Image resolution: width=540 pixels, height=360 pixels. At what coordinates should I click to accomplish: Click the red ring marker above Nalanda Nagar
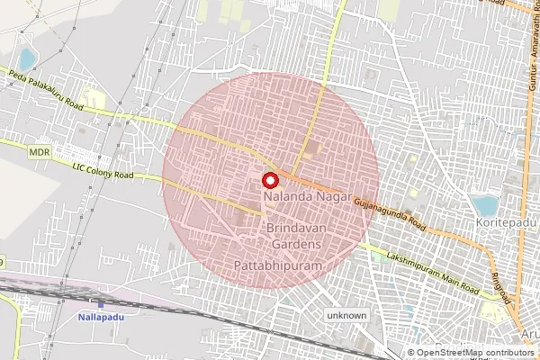tap(269, 179)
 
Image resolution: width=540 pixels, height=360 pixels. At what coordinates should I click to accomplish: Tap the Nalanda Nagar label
tap(298, 194)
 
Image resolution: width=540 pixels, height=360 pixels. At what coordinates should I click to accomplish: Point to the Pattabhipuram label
tap(271, 267)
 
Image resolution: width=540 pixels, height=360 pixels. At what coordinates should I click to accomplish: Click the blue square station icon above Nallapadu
tap(101, 305)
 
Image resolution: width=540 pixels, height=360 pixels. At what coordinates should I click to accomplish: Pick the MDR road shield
tap(39, 153)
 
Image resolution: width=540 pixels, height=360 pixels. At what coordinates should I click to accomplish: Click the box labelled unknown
tap(347, 316)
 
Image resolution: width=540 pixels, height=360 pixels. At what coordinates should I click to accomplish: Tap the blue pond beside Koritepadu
tap(485, 204)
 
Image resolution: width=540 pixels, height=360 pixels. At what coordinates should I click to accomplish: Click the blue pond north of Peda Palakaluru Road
tap(27, 60)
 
